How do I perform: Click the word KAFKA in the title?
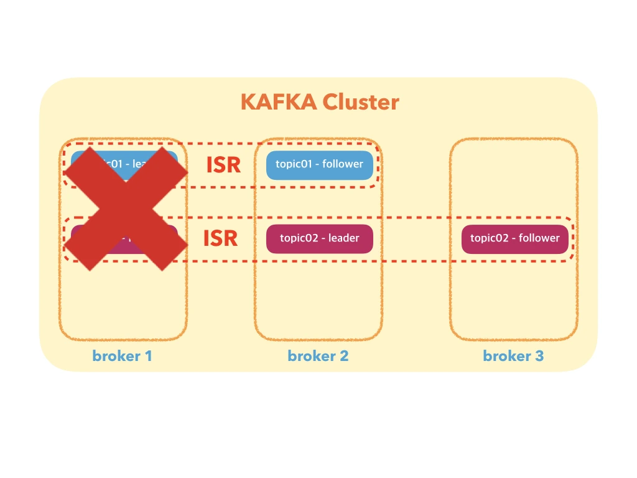tap(278, 101)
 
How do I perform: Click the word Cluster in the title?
tap(361, 101)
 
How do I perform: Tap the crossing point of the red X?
tap(126, 209)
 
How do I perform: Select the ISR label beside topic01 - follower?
tap(223, 165)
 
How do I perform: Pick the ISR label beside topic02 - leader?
tap(221, 238)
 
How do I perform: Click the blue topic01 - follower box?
tap(320, 165)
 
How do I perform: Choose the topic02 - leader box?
tap(320, 238)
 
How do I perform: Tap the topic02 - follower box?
tap(514, 238)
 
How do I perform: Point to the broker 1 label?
tap(122, 356)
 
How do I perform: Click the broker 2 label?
tap(318, 356)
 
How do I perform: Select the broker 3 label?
tap(513, 356)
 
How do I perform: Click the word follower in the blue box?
tap(343, 164)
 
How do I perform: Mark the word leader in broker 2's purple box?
tap(344, 238)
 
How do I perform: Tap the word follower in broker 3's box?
tap(539, 238)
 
